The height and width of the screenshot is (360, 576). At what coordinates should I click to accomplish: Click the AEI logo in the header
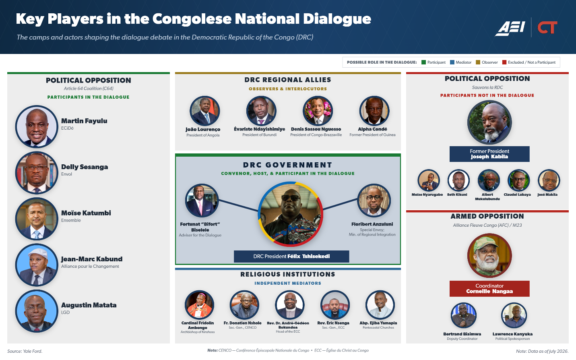tap(510, 28)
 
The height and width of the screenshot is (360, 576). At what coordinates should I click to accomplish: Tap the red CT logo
tap(547, 27)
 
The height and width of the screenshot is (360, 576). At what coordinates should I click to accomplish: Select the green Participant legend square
tap(423, 62)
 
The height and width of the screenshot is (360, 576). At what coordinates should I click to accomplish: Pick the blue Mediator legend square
tap(452, 62)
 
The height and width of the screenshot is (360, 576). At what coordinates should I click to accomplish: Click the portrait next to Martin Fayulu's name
tap(37, 126)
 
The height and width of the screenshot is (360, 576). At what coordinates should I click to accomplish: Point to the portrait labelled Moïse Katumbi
tap(37, 219)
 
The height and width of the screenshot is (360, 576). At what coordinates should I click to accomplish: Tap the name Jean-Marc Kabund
tap(92, 259)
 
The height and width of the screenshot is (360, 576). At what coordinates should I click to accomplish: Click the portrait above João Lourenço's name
tap(205, 111)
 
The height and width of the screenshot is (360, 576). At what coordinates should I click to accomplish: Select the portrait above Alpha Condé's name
tap(374, 111)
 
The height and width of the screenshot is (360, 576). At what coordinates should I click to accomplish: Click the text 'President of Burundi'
tap(260, 135)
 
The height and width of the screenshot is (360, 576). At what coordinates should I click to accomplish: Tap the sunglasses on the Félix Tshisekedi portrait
tap(291, 198)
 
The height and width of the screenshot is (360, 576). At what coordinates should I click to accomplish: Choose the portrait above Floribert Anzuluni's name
tap(374, 200)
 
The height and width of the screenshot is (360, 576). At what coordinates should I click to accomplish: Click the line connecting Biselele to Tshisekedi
tap(238, 206)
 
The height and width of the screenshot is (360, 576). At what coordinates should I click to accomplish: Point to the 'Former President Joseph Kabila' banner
tap(489, 154)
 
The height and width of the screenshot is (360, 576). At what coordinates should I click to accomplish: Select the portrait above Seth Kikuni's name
tap(458, 180)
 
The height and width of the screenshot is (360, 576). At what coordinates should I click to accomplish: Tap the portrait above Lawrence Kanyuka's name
tap(514, 315)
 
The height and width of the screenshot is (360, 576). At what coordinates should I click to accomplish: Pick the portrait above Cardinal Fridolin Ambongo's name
tap(199, 305)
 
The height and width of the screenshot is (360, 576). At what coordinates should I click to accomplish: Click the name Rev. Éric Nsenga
tap(333, 323)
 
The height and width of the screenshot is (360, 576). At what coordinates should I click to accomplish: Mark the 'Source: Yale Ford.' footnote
tap(25, 351)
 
